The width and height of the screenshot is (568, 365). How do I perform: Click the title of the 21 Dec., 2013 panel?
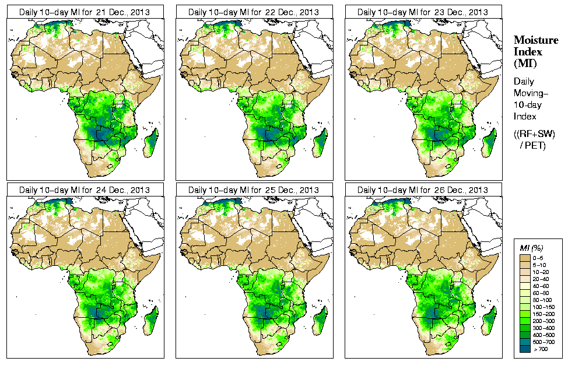[85, 12]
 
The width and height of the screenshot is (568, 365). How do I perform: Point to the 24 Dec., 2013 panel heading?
[85, 190]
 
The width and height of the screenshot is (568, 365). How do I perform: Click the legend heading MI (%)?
[531, 249]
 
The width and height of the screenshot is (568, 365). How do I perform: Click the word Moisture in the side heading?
[535, 40]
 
